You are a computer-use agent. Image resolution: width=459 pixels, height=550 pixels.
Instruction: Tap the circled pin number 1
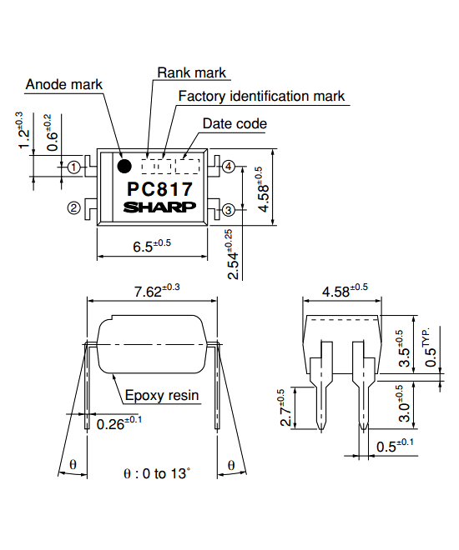(x=74, y=167)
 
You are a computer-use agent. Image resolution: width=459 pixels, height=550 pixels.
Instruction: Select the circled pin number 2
(x=74, y=207)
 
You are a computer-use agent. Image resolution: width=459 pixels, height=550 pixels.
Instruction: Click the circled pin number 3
(x=229, y=211)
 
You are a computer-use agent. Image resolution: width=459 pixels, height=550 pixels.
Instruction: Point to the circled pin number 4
(x=229, y=167)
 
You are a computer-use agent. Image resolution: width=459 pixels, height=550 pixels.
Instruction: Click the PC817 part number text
(x=159, y=189)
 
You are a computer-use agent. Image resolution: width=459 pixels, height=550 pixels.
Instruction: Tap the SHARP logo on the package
(x=159, y=207)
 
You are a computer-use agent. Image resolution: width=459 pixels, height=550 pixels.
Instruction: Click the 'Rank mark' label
(x=191, y=73)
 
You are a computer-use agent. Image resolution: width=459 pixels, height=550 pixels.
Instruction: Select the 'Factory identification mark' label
(x=261, y=96)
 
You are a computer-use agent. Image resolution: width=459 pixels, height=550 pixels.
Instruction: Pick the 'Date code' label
(x=235, y=124)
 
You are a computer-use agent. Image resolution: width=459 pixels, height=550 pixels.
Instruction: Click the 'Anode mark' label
(x=64, y=84)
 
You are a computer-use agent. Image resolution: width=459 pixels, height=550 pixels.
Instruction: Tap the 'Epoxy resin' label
(x=162, y=395)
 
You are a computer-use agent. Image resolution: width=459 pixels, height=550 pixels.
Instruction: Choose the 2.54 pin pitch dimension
(x=235, y=254)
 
